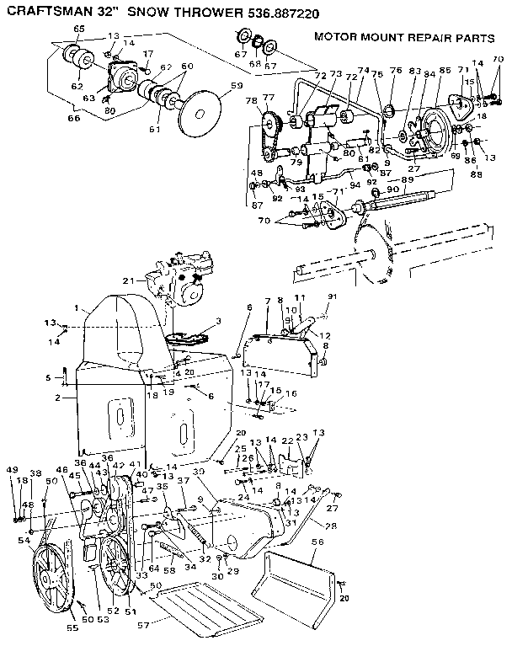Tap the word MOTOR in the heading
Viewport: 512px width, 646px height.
click(337, 37)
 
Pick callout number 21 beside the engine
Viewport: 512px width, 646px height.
click(129, 280)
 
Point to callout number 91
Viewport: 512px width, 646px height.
click(331, 296)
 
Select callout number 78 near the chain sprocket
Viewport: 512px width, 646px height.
click(251, 101)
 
